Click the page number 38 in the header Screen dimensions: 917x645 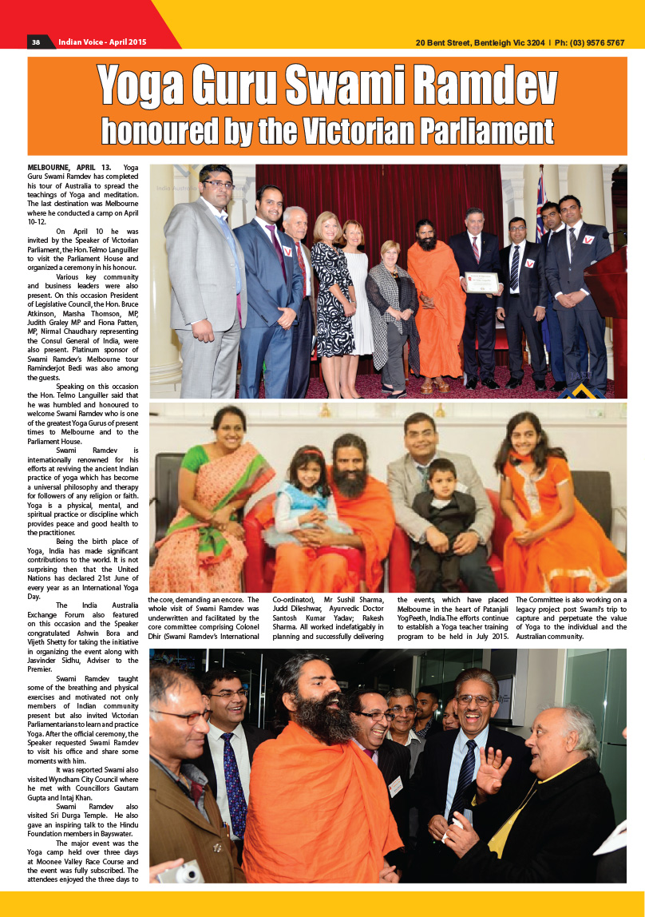(x=36, y=42)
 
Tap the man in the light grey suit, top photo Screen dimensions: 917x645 (x=204, y=280)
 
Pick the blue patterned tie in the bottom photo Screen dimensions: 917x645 (x=235, y=783)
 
